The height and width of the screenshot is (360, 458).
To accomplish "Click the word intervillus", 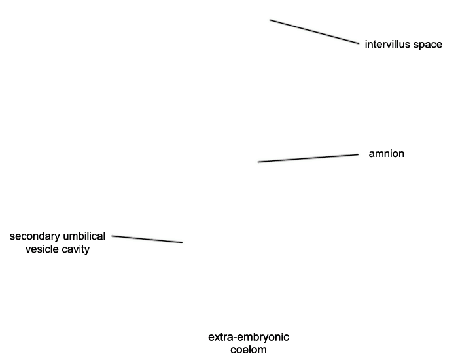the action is pyautogui.click(x=387, y=45).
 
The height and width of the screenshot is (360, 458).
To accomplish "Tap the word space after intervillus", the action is pyautogui.click(x=428, y=45).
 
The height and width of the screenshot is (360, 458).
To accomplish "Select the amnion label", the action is pyautogui.click(x=387, y=154).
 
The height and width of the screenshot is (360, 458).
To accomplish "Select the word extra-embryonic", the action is pyautogui.click(x=249, y=338).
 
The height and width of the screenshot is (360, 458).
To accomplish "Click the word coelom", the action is pyautogui.click(x=249, y=350).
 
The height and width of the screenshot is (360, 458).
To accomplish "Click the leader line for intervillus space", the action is pyautogui.click(x=314, y=31).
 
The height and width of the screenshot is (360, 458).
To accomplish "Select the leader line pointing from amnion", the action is pyautogui.click(x=308, y=158).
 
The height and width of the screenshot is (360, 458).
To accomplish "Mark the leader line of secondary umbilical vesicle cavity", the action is pyautogui.click(x=147, y=239).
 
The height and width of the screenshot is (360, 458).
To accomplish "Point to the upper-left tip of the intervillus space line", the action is pyautogui.click(x=270, y=20).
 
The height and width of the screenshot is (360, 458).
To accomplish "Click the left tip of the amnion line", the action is pyautogui.click(x=258, y=162).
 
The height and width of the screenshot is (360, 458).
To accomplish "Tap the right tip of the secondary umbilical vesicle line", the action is pyautogui.click(x=183, y=242).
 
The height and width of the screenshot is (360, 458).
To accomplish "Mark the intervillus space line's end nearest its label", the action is pyautogui.click(x=359, y=44).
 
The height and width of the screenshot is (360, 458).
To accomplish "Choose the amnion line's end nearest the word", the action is pyautogui.click(x=359, y=154).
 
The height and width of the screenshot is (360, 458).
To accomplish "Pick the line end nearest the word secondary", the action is pyautogui.click(x=112, y=236).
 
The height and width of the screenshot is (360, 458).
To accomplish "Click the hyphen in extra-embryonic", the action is pyautogui.click(x=236, y=338).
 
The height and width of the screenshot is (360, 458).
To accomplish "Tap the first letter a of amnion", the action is pyautogui.click(x=372, y=154).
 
